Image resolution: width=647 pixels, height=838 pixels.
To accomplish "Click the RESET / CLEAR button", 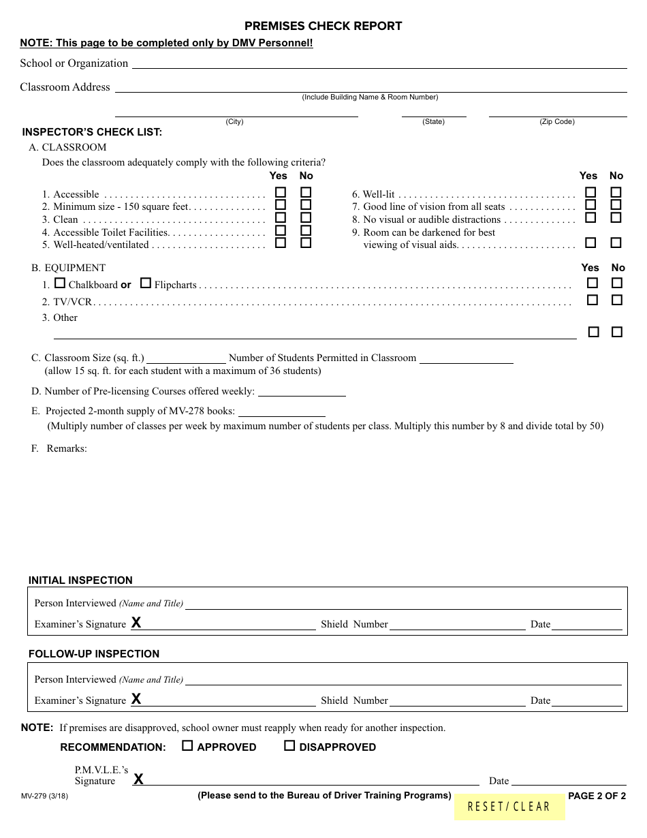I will click(x=509, y=807).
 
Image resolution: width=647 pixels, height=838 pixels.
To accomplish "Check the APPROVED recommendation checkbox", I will click(x=187, y=746).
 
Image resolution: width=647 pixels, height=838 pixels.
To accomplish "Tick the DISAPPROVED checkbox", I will click(x=289, y=746).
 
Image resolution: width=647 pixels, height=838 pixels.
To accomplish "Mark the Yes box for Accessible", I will click(x=281, y=193).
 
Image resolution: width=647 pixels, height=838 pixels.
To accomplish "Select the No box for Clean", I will click(x=306, y=218).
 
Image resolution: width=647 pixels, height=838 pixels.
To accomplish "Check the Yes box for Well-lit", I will click(x=590, y=193).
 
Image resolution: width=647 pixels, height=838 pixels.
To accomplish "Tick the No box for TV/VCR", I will click(x=617, y=300).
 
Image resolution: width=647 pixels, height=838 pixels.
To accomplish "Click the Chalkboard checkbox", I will click(x=60, y=283).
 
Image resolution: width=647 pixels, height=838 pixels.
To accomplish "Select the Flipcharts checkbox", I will click(x=145, y=283).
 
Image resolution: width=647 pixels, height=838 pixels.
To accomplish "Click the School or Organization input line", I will click(x=379, y=63).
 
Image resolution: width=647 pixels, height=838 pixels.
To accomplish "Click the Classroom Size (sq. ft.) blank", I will click(x=186, y=358).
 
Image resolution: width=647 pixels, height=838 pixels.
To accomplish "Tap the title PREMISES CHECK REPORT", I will click(x=323, y=26).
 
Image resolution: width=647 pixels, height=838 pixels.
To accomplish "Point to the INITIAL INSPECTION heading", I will click(x=80, y=580).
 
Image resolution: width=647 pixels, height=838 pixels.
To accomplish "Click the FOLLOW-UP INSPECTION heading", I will click(x=94, y=654).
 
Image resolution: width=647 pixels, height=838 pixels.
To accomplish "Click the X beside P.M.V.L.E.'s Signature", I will click(x=138, y=779).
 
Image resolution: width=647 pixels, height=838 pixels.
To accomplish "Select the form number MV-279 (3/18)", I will click(x=44, y=796).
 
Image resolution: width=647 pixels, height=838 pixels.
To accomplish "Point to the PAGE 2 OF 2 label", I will click(x=597, y=796).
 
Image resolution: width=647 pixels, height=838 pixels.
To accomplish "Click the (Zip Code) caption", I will click(x=557, y=122).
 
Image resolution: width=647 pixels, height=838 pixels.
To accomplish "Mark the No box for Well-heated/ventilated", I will click(x=306, y=243).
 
